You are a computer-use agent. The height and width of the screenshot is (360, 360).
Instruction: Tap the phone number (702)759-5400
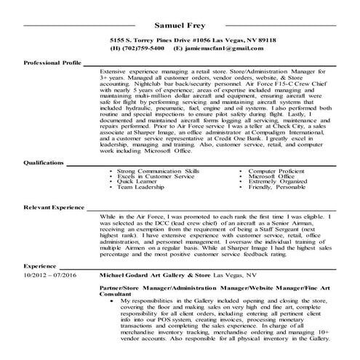click(146, 48)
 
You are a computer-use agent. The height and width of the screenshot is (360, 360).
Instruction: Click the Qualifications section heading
click(46, 182)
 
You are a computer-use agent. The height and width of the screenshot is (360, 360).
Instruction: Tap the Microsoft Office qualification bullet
click(271, 196)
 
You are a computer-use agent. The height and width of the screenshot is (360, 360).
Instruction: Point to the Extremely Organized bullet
click(277, 202)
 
